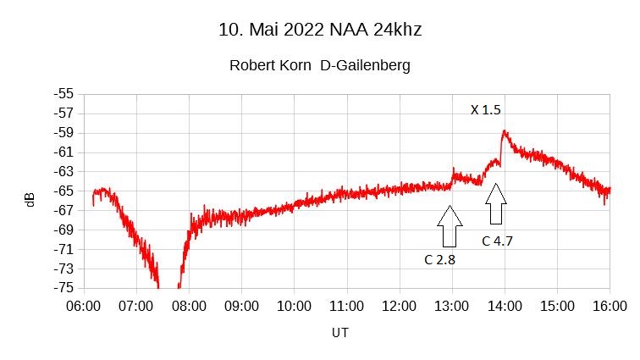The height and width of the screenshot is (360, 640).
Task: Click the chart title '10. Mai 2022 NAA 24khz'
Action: pyautogui.click(x=319, y=30)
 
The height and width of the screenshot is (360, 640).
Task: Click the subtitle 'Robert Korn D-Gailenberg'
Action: pyautogui.click(x=320, y=65)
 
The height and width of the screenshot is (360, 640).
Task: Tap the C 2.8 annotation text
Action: pyautogui.click(x=439, y=259)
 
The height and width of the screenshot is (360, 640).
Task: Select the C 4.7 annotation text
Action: pyautogui.click(x=497, y=241)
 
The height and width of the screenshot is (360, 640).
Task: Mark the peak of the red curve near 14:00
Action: pyautogui.click(x=505, y=131)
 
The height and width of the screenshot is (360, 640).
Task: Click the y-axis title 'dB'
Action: pyautogui.click(x=30, y=200)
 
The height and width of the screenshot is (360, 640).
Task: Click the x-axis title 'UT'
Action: pyautogui.click(x=339, y=333)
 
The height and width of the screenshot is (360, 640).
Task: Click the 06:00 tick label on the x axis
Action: pyautogui.click(x=83, y=305)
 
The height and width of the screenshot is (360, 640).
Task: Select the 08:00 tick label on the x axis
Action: pyautogui.click(x=189, y=305)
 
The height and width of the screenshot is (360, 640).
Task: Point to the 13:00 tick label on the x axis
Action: pyautogui.click(x=452, y=305)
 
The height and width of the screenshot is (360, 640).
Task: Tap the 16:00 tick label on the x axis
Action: pyautogui.click(x=610, y=305)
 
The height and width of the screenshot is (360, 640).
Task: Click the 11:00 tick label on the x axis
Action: pyautogui.click(x=347, y=305)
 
